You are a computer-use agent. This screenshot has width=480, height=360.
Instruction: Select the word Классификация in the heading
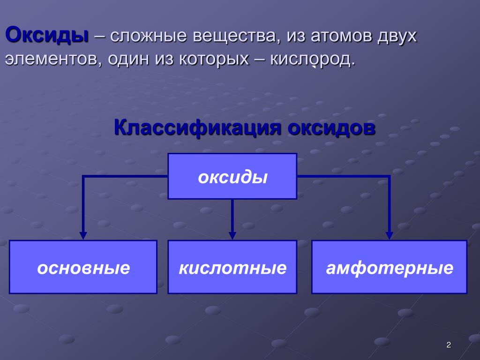click(x=197, y=128)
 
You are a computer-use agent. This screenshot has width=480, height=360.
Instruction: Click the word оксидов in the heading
click(x=331, y=128)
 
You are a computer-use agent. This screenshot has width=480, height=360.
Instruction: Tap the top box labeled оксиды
click(x=232, y=176)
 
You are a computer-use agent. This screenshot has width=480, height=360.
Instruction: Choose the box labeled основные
click(x=83, y=267)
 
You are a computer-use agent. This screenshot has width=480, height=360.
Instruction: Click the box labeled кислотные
click(x=232, y=267)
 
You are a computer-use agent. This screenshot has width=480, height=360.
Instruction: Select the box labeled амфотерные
click(x=389, y=267)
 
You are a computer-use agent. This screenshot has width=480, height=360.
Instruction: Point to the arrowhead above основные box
click(x=83, y=236)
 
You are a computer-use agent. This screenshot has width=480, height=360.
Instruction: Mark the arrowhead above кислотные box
click(x=232, y=236)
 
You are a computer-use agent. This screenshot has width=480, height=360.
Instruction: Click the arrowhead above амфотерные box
click(x=389, y=236)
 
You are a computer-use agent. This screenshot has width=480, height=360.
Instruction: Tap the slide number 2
click(x=449, y=345)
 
